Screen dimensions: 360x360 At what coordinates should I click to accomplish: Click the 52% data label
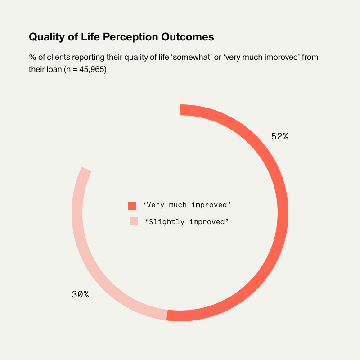click(279, 136)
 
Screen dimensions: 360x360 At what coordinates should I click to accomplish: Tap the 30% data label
click(80, 295)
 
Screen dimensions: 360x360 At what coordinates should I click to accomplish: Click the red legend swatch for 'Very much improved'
click(132, 205)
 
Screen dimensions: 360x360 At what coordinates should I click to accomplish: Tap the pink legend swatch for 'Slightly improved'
click(134, 221)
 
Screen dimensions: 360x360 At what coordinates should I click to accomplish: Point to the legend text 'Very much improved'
click(187, 205)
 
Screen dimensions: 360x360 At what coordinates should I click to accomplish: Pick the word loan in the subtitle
click(54, 70)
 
